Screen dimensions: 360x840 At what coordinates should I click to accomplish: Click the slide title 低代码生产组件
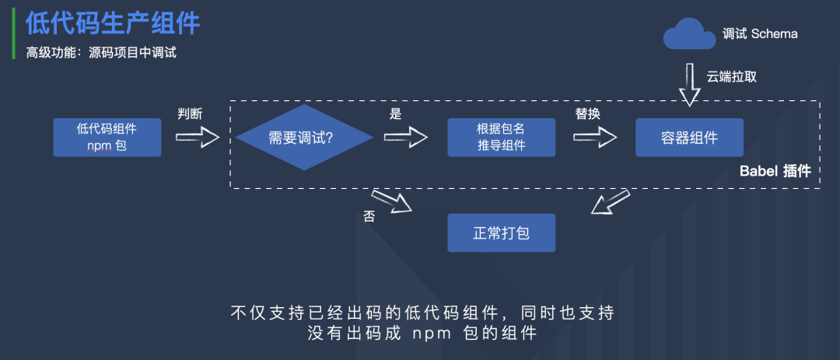pos(114,23)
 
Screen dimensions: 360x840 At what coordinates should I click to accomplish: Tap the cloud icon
pos(688,34)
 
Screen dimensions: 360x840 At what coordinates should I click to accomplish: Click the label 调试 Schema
pos(760,34)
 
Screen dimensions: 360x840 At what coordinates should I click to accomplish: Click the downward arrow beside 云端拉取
pos(689,85)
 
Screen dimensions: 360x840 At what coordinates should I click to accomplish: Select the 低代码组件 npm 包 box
pos(107,137)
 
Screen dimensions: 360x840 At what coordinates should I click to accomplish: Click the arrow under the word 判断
pos(198,138)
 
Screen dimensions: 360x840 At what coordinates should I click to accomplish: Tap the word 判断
pos(190,114)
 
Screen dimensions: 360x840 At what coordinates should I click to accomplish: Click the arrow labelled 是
pos(406,138)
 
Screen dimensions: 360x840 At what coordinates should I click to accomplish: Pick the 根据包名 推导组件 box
pos(501,138)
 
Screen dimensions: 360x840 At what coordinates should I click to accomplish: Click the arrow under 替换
pos(595,138)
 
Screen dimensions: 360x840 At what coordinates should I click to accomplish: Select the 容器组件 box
pos(688,138)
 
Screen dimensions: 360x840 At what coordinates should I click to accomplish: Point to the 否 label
pos(369,216)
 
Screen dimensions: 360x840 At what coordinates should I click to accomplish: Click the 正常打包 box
pos(501,232)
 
